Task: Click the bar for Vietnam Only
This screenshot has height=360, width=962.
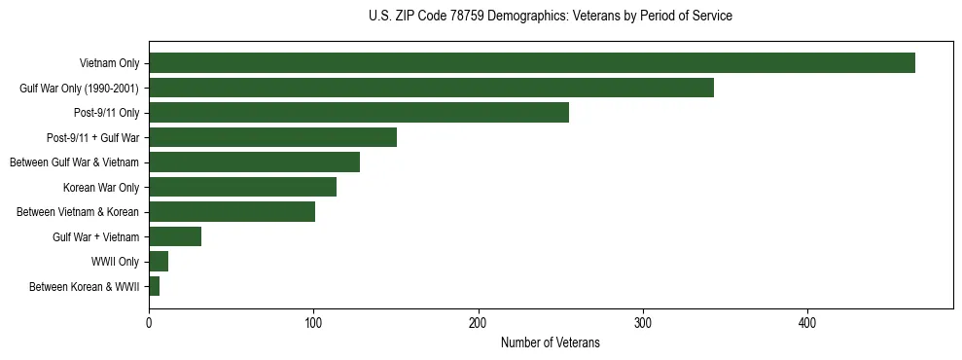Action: [x=531, y=63]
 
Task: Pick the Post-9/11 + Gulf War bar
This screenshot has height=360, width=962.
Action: [x=272, y=137]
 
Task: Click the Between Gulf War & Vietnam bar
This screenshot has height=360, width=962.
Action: [x=254, y=162]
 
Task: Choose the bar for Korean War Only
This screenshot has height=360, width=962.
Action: [x=242, y=187]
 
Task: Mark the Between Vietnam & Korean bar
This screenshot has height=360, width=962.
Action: [x=232, y=212]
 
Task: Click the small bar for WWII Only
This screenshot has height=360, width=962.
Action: [x=159, y=262]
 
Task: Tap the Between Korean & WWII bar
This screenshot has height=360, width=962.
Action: [x=154, y=286]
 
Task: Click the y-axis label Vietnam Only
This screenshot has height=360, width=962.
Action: [x=109, y=63]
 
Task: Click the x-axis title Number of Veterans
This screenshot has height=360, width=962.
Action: [x=550, y=342]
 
